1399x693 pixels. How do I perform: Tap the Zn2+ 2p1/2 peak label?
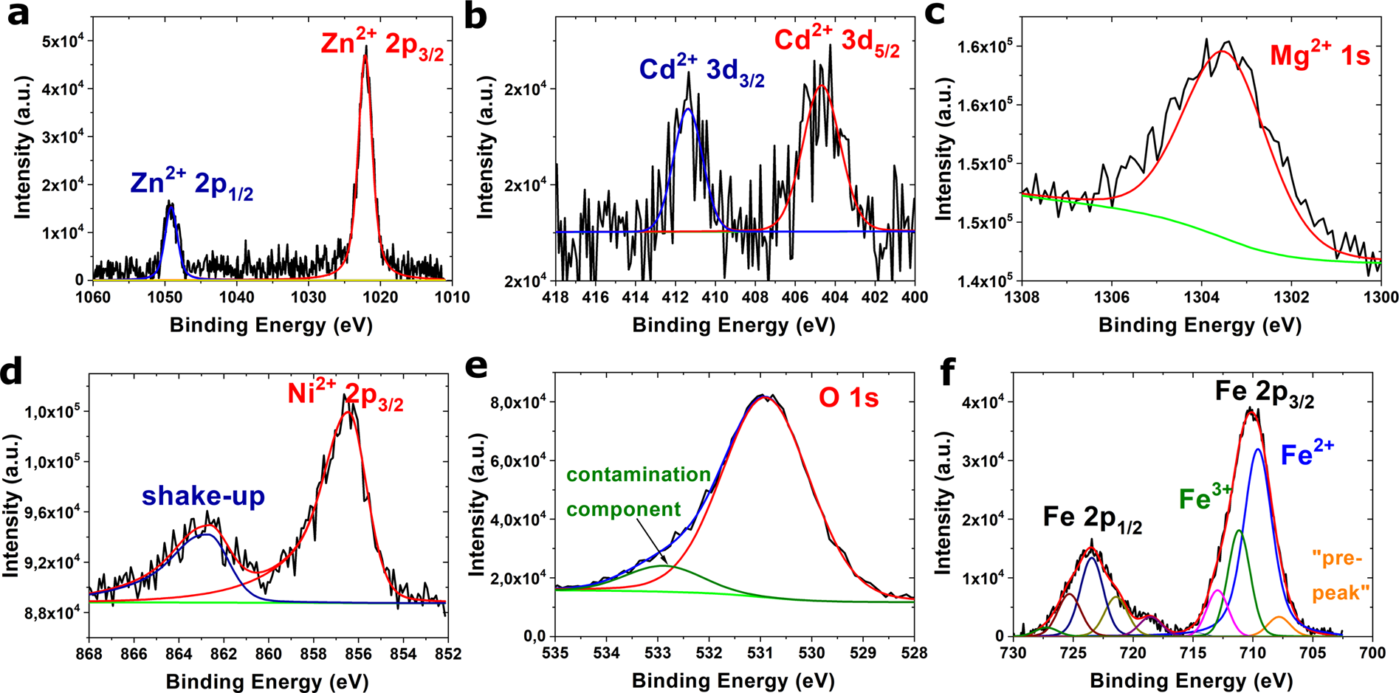[x=191, y=184]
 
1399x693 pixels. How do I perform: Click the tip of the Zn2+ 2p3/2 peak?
[x=365, y=49]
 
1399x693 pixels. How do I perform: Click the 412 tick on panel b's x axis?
[x=675, y=297]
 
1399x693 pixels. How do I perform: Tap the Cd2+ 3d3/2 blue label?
[x=701, y=71]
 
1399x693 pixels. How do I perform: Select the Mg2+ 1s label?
[x=1319, y=55]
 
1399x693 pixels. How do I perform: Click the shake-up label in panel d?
[x=203, y=496]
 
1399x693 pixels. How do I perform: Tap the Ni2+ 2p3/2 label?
[x=346, y=395]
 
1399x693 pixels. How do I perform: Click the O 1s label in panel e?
[x=849, y=399]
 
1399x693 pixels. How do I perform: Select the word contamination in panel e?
[x=639, y=475]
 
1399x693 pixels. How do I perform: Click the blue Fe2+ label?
[x=1307, y=454]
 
